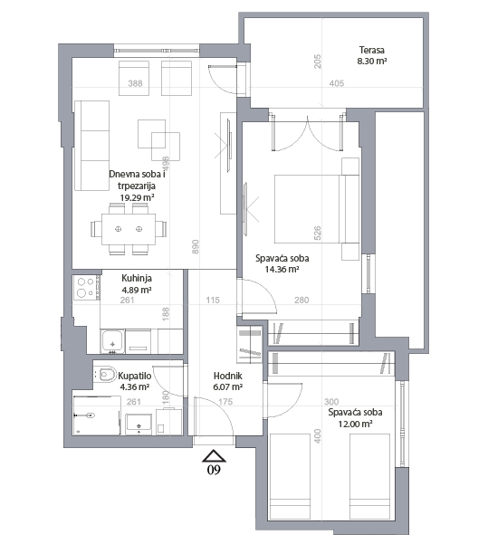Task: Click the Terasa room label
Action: (x=372, y=50)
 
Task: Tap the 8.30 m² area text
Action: (x=372, y=61)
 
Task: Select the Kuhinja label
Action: (x=137, y=278)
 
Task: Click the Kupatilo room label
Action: (x=135, y=376)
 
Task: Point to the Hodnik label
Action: (x=227, y=376)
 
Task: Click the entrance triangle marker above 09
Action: (x=215, y=456)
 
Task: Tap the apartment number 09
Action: (x=214, y=470)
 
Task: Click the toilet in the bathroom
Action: (x=106, y=374)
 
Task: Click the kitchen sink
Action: (x=112, y=341)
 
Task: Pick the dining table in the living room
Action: (x=129, y=229)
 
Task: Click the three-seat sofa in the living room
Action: (x=92, y=146)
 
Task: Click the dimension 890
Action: (x=196, y=246)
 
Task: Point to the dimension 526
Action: (x=317, y=234)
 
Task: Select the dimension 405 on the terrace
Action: (x=337, y=83)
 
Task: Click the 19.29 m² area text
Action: (x=137, y=197)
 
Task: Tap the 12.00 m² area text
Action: (x=356, y=424)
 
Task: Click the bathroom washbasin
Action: (x=139, y=424)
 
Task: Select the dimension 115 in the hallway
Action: (x=213, y=301)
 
